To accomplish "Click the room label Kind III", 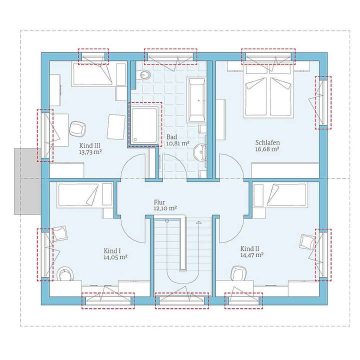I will click(x=90, y=145).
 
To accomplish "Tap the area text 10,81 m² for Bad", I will click(x=177, y=143).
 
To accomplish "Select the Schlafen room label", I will click(x=266, y=142).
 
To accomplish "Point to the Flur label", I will click(x=159, y=202).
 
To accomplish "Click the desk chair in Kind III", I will click(x=77, y=128).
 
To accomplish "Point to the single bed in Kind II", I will click(x=280, y=194).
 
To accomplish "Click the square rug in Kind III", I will click(x=116, y=126).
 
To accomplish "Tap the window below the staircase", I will click(x=181, y=301).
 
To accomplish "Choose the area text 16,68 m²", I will click(x=266, y=149).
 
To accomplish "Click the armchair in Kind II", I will click(x=306, y=242).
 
